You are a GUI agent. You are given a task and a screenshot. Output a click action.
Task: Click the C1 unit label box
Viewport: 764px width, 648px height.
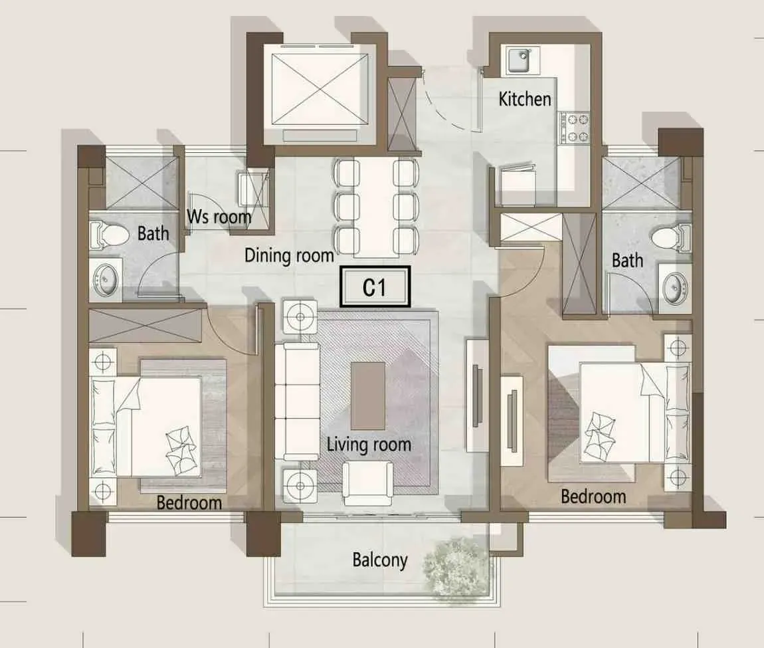[x=375, y=286]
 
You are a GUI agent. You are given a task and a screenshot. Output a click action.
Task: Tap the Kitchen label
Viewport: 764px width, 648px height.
[x=525, y=99]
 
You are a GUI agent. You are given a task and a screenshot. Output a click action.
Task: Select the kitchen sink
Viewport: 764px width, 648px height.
[x=522, y=61]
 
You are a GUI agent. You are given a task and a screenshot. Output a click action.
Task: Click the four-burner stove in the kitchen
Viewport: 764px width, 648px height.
[x=575, y=128]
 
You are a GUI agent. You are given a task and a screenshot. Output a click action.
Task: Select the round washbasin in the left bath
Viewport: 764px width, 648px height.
[x=105, y=280]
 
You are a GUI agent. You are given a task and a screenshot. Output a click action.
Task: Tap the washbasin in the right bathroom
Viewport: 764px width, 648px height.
[x=675, y=288]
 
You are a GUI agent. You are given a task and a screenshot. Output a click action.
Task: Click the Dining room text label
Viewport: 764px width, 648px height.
[x=289, y=255]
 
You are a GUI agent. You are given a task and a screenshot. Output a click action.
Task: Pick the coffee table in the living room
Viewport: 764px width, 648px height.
[x=368, y=395]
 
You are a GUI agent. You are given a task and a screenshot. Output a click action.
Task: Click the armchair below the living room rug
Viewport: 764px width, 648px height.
[x=368, y=483]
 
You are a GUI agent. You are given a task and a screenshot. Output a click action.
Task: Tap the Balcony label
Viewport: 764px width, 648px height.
[x=380, y=560]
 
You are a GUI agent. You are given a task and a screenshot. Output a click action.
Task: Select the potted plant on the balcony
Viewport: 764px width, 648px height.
[x=456, y=566]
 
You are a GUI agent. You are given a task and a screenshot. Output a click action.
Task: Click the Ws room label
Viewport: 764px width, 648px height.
[x=219, y=217]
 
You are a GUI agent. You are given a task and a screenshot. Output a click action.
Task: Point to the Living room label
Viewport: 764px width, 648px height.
[x=369, y=445]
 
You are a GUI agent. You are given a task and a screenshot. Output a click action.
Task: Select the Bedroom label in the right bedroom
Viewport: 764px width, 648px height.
[x=593, y=496]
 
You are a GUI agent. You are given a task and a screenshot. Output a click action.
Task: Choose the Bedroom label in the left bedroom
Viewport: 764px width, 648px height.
[x=189, y=502]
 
